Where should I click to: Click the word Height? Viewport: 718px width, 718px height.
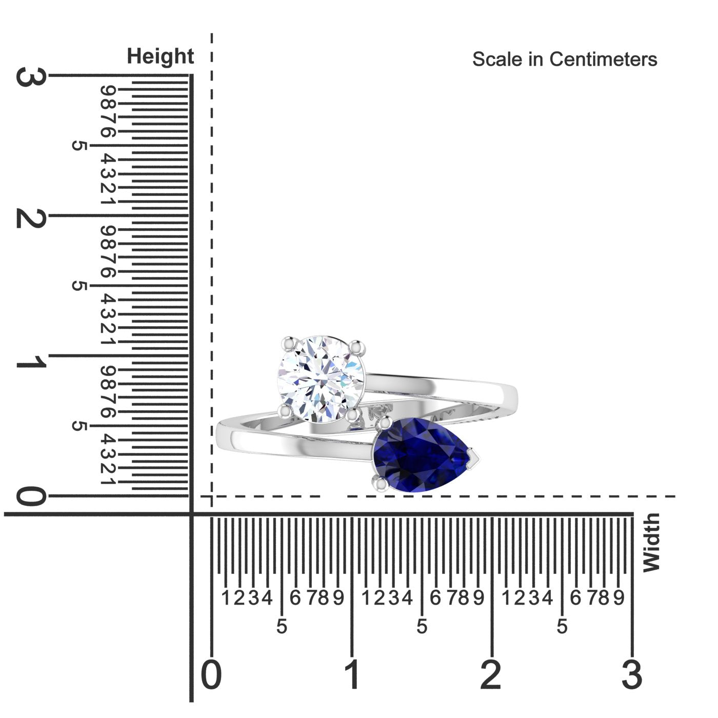click(160, 56)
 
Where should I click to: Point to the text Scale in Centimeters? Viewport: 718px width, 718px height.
click(565, 59)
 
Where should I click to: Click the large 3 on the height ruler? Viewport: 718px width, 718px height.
click(31, 77)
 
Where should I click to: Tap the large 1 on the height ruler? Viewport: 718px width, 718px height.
click(31, 361)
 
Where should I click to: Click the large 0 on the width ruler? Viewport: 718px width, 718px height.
click(211, 675)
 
